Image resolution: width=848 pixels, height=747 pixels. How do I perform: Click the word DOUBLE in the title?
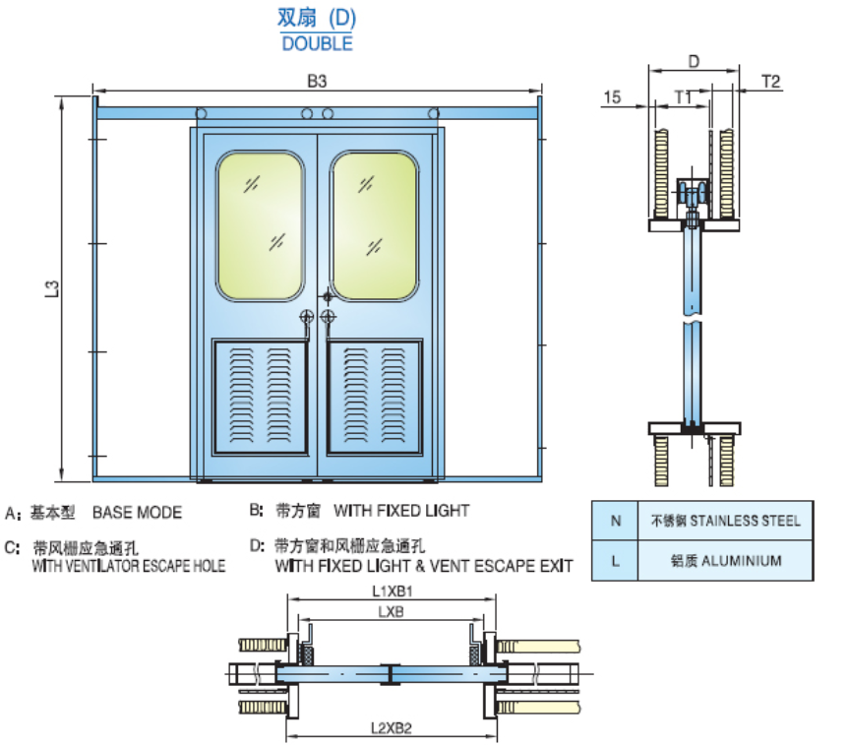pos(316,43)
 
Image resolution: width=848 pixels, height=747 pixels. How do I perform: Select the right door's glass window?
pos(374,225)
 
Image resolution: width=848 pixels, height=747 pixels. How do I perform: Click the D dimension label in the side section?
pos(694,61)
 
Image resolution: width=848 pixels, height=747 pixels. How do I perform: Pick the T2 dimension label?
pos(771,82)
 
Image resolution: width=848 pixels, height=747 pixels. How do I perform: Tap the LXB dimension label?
pos(392,611)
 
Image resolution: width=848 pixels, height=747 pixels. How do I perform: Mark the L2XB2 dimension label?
pos(391,728)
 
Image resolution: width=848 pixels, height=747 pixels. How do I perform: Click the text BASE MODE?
pos(137,513)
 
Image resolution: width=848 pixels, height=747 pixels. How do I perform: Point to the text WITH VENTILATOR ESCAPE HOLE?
pos(129,566)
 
